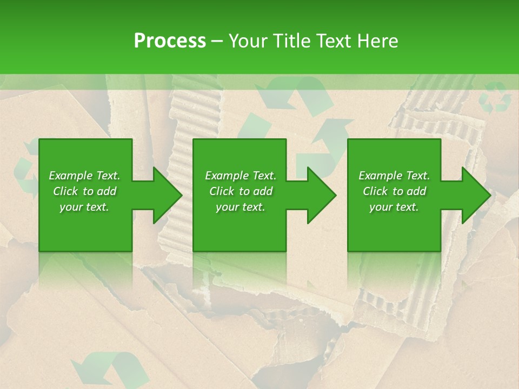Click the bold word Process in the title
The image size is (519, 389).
coord(170,41)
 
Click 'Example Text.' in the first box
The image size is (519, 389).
coord(84,176)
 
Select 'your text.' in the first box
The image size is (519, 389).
coord(84,207)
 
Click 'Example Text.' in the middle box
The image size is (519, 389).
coord(241,176)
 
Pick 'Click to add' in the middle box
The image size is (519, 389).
coord(241,191)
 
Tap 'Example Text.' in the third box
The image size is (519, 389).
coord(394,176)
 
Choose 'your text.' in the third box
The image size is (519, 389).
coord(394,207)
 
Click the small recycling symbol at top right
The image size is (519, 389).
coord(495,97)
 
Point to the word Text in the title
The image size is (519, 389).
coord(334,41)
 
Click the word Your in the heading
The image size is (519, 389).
coord(247,41)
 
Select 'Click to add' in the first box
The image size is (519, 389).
coord(84,191)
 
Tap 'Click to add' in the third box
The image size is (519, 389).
coord(394,191)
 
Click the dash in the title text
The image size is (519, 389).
coord(217,41)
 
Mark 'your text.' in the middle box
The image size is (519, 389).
coord(241,207)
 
